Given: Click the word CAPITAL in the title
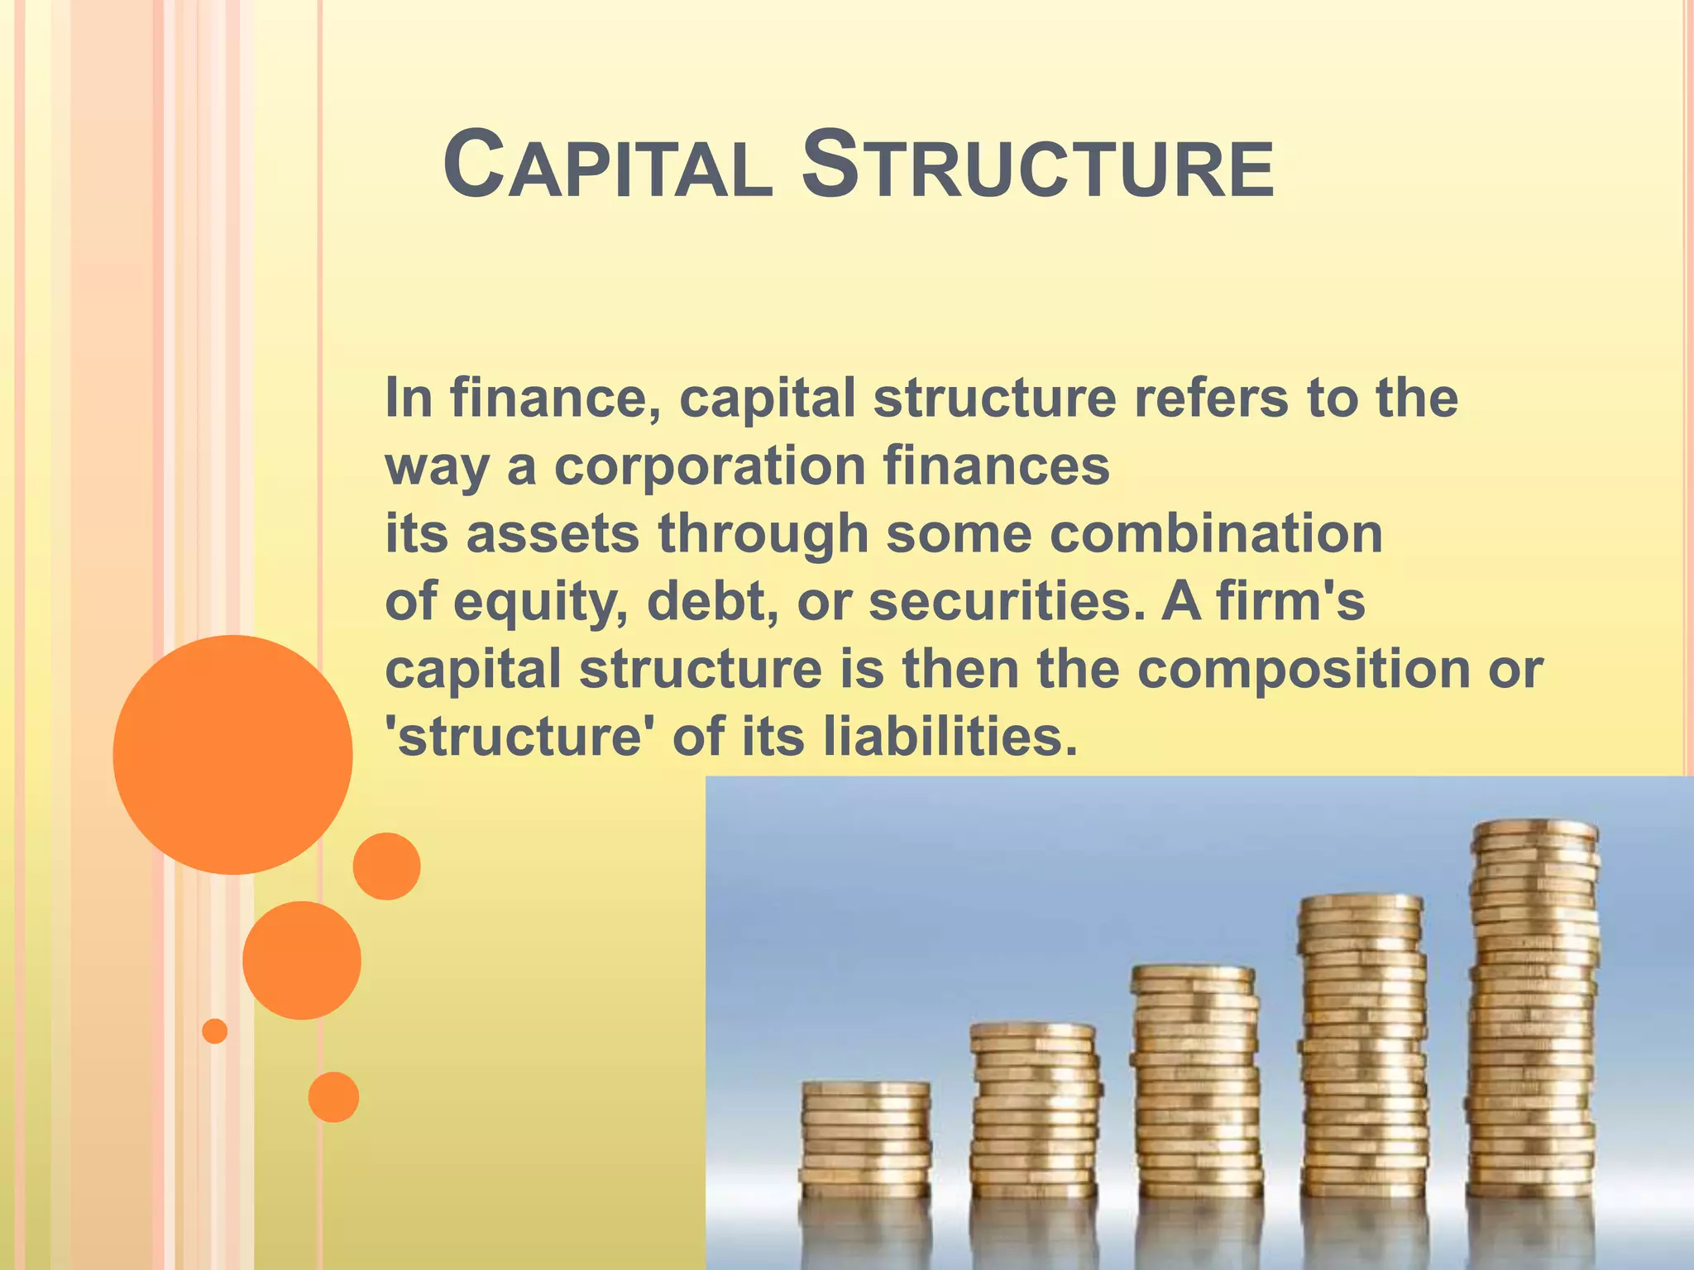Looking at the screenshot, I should tap(608, 167).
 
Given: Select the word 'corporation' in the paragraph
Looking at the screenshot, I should tap(710, 466).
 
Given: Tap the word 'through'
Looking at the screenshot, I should tap(763, 535).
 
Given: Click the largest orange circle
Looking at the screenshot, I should tap(232, 754).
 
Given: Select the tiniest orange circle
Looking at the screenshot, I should tap(215, 1031).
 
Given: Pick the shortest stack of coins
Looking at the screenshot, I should tap(865, 1141).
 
